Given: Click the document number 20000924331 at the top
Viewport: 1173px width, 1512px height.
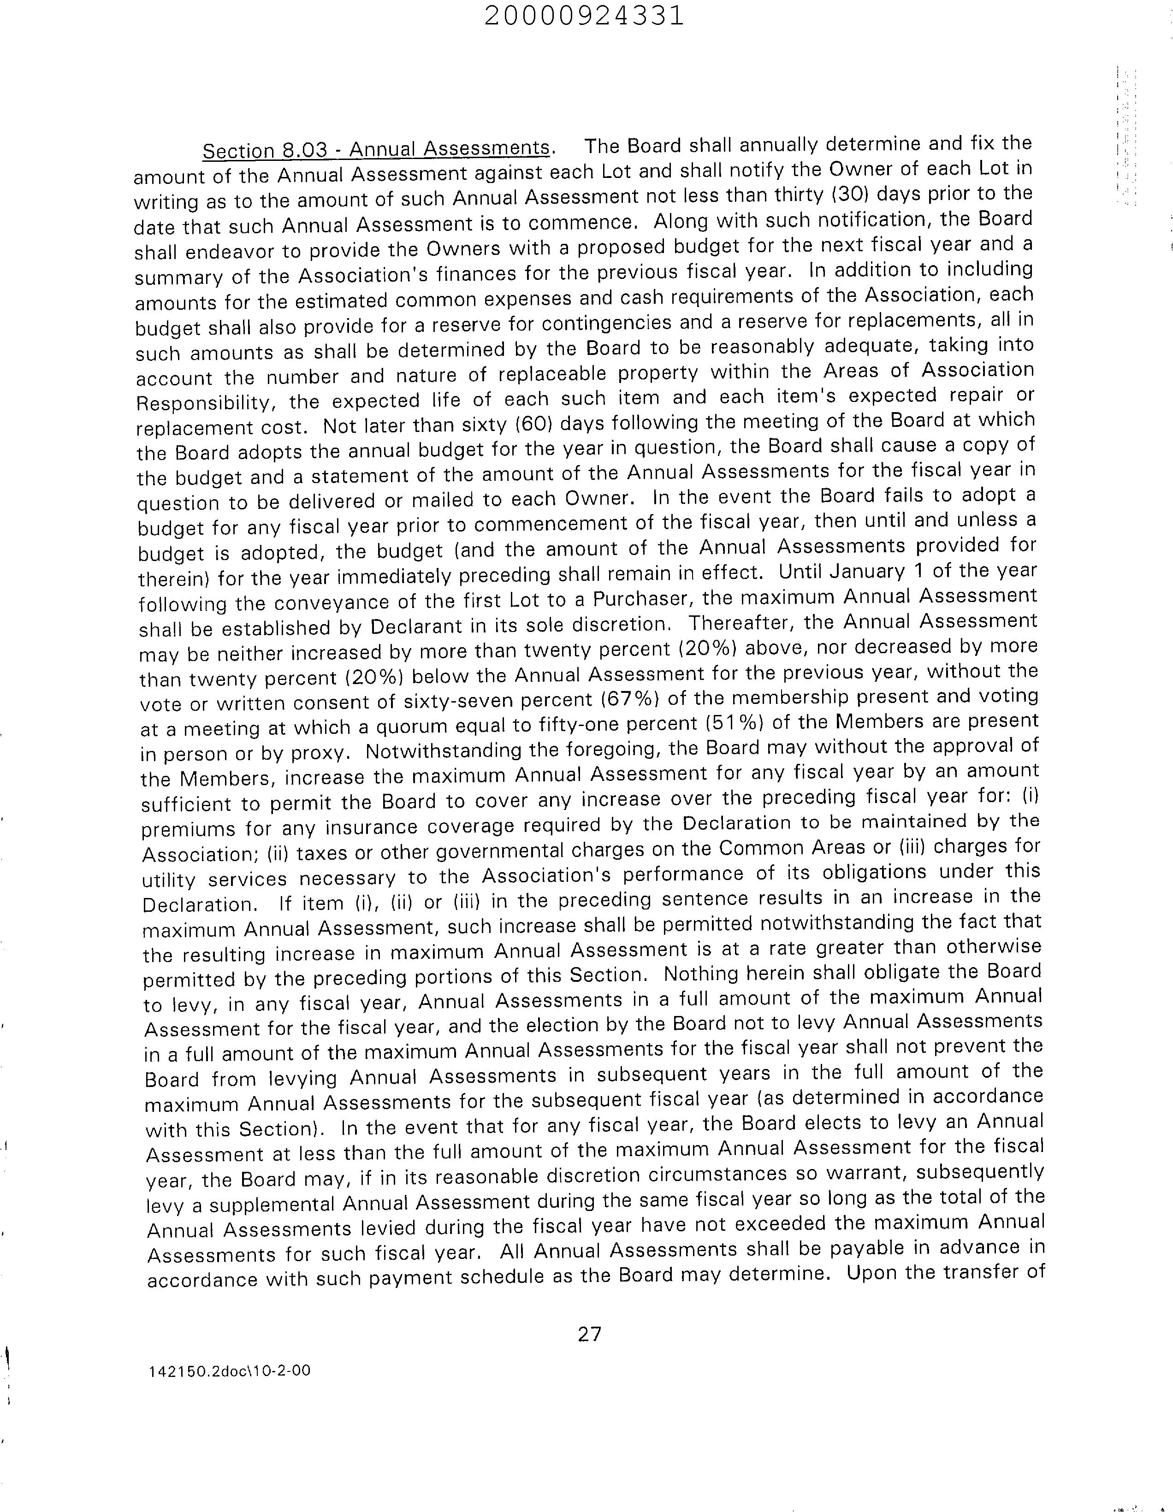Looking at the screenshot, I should click(x=584, y=15).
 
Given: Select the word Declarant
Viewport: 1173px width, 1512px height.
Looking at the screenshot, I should click(x=415, y=626).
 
